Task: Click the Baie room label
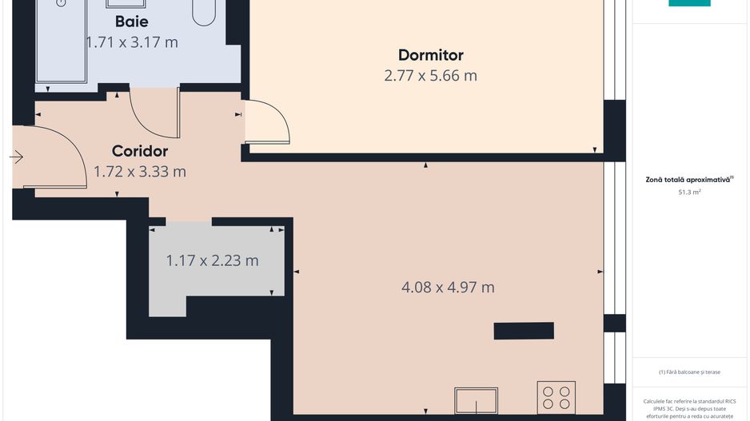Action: [131, 22]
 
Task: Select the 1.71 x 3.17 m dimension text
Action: [132, 42]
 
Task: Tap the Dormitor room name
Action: [430, 55]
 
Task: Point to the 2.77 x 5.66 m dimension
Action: [430, 76]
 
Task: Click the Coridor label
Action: [140, 151]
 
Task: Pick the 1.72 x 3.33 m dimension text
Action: [140, 171]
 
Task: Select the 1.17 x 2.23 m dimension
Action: [212, 260]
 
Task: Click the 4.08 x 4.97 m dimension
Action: [448, 287]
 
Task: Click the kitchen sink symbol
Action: [476, 400]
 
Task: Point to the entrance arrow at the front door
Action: [16, 157]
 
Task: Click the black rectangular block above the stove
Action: [524, 330]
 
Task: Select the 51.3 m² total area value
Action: [689, 193]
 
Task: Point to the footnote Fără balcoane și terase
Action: [689, 372]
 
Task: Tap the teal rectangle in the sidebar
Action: [689, 3]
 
